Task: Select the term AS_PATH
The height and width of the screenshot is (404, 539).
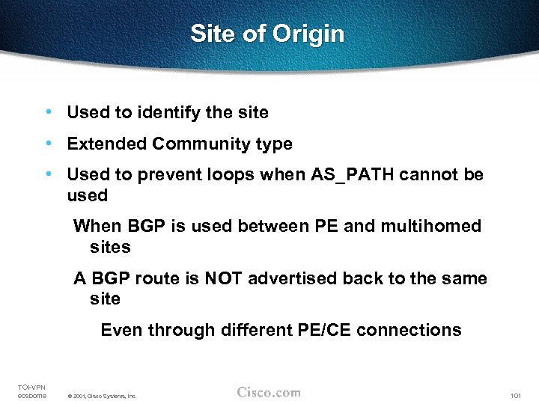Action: tap(352, 175)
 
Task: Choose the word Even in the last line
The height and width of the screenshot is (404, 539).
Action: tap(121, 330)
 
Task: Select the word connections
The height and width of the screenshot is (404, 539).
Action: tap(409, 330)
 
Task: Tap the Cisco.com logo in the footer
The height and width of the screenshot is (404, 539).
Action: tap(269, 392)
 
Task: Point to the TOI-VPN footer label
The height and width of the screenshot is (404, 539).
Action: tap(31, 387)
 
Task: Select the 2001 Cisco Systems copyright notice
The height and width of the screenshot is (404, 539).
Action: tap(102, 396)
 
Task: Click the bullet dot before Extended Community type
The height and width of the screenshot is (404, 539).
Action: tap(48, 144)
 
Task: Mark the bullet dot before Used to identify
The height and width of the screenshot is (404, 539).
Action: tap(48, 113)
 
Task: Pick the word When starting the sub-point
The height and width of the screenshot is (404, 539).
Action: tap(96, 226)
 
